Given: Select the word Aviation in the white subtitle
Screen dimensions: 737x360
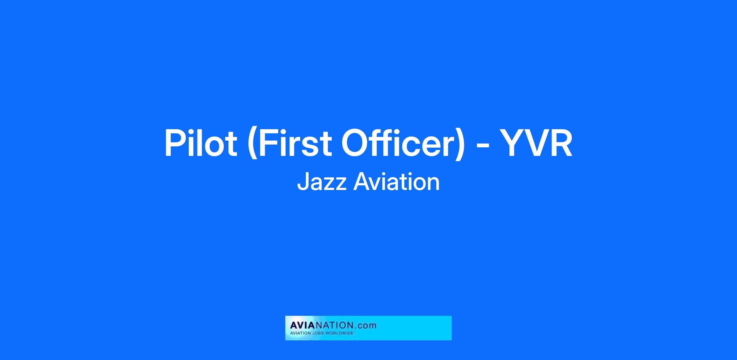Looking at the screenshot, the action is tap(397, 182).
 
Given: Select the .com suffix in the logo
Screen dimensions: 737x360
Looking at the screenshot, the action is tap(365, 326).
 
